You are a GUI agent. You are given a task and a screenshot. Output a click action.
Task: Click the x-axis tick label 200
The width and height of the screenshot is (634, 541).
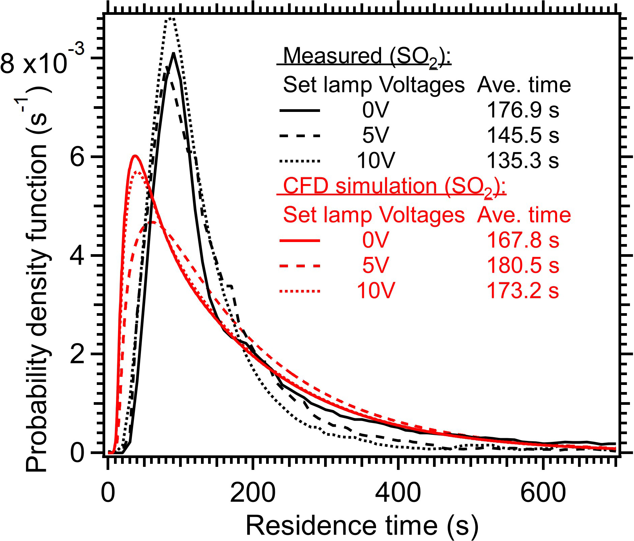tap(253, 493)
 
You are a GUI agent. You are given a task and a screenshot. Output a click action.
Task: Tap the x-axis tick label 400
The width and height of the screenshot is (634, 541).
tap(398, 493)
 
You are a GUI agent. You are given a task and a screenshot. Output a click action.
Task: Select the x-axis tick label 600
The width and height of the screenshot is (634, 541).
tap(543, 493)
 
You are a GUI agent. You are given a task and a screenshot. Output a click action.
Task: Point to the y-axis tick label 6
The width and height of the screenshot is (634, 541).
tap(77, 157)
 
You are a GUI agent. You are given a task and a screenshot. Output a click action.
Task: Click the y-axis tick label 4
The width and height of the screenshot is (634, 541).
tap(77, 256)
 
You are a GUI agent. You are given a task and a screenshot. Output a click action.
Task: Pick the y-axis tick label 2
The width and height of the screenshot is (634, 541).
tap(77, 354)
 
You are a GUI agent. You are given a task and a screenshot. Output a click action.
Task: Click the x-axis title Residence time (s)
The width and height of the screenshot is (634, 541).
tap(362, 525)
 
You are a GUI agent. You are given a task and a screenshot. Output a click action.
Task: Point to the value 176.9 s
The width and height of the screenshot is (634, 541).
tap(523, 110)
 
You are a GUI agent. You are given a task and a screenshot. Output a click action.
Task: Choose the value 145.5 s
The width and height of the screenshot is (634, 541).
tap(523, 136)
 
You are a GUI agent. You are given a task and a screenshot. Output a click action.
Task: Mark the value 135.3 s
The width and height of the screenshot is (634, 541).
tap(523, 160)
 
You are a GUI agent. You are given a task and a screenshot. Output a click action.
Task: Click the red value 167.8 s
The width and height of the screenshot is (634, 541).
tap(523, 240)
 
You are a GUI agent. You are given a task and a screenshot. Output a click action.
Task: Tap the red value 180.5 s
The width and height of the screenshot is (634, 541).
tap(523, 266)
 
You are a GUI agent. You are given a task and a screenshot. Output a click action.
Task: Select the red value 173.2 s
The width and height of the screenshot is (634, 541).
tap(523, 291)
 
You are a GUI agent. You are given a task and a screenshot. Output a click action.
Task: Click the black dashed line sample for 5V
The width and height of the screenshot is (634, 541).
tap(299, 136)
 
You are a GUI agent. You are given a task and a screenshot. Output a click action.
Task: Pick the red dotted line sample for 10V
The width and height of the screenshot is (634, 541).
tap(299, 291)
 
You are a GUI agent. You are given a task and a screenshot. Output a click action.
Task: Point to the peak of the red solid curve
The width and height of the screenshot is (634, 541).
tap(135, 156)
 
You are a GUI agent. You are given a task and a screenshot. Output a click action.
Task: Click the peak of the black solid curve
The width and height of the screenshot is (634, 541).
tap(173, 53)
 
